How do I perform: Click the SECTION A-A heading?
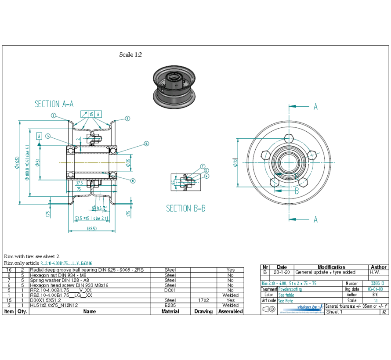(54, 104)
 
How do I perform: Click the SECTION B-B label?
(185, 209)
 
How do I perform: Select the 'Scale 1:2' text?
(130, 55)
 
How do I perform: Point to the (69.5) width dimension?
(91, 228)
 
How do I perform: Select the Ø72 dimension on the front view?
(235, 163)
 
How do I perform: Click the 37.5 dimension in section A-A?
(79, 183)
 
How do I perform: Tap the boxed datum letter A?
(39, 136)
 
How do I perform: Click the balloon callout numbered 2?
(53, 115)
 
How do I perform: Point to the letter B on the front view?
(297, 191)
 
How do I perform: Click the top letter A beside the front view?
(315, 106)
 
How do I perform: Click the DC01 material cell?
(170, 290)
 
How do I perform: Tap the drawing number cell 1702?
(203, 300)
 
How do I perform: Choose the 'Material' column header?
(170, 311)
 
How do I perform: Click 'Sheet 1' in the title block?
(334, 312)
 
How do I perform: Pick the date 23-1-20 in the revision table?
(282, 272)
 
